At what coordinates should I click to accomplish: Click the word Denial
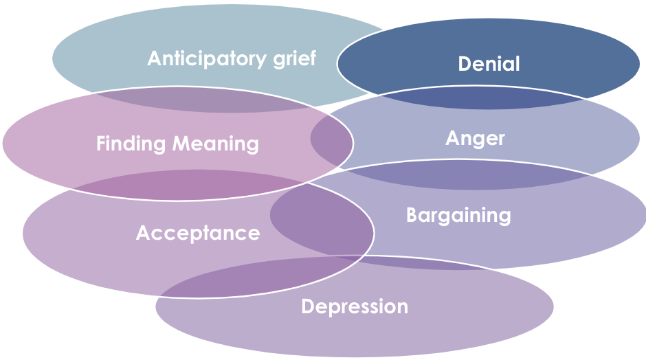[x=489, y=64]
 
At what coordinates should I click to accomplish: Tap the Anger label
[x=475, y=138]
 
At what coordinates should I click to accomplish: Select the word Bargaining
[x=458, y=215]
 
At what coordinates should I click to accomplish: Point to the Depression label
[x=355, y=306]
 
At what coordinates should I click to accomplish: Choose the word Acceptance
[x=198, y=233]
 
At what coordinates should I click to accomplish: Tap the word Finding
[x=131, y=144]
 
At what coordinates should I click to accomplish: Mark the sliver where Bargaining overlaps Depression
[x=412, y=262]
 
